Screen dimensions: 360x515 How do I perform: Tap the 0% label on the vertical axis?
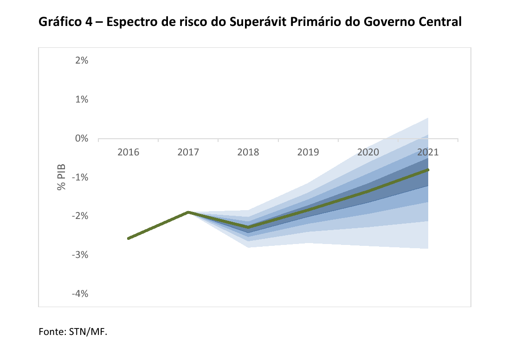(82, 139)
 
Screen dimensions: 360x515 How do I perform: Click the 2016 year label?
(128, 152)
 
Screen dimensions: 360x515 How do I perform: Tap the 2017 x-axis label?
(188, 152)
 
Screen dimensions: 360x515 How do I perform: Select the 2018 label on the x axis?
(248, 152)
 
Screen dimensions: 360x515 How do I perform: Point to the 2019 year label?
(308, 152)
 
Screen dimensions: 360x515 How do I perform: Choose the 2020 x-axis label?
(368, 152)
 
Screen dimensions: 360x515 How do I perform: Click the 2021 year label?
(428, 152)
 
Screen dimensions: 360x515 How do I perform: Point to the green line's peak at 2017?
(188, 212)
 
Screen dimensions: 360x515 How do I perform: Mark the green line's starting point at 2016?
(129, 238)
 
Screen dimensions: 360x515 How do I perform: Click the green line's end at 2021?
(428, 170)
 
